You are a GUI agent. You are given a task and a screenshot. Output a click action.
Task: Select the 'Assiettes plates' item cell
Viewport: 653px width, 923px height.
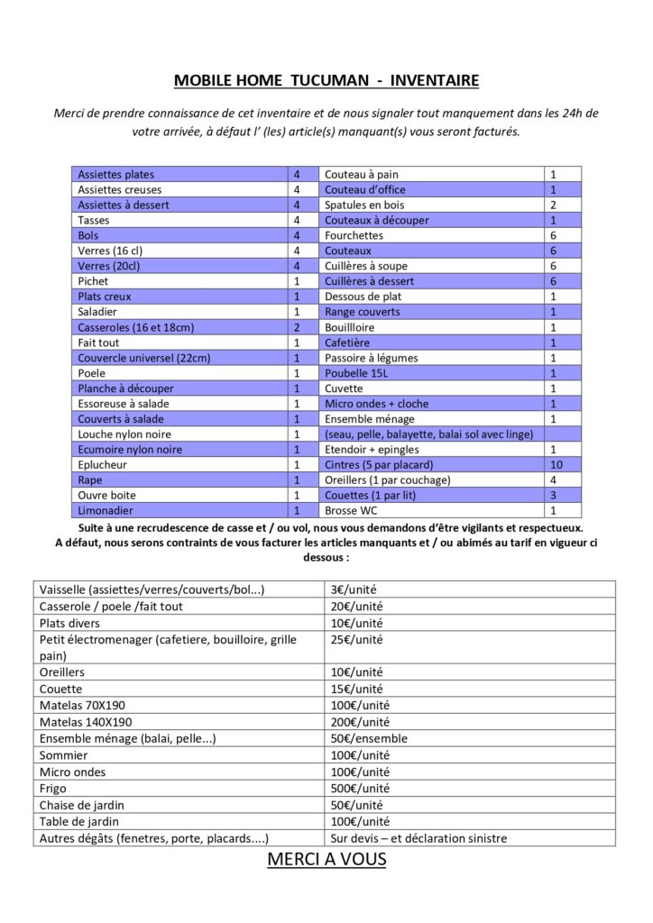116,174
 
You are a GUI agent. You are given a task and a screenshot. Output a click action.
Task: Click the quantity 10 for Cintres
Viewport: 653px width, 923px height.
554,465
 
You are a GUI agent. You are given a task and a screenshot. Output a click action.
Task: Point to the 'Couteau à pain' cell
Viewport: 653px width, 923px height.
362,174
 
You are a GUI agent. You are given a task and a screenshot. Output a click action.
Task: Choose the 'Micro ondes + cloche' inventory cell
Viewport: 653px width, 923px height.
377,404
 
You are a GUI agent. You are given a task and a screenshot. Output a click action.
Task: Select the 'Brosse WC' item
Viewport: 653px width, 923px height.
351,510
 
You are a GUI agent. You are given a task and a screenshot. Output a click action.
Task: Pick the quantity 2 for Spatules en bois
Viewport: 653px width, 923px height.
553,205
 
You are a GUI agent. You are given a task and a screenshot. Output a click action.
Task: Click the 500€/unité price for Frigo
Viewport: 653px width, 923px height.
358,788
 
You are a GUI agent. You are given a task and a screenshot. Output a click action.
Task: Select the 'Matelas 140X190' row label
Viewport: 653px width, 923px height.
86,722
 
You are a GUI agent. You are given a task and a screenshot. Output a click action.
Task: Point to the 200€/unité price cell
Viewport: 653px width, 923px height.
360,722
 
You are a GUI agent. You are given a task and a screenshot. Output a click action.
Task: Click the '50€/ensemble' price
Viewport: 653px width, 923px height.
369,738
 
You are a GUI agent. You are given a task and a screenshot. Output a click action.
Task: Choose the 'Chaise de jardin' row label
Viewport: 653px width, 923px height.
81,805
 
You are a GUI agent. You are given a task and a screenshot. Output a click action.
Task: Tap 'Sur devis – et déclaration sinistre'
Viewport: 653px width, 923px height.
419,838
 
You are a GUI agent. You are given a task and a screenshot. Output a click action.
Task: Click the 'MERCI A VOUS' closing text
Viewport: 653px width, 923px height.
326,859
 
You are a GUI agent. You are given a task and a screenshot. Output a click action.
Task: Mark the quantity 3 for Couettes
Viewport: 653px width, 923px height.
553,496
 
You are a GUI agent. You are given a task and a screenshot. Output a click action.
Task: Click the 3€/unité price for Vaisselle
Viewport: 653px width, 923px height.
354,589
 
